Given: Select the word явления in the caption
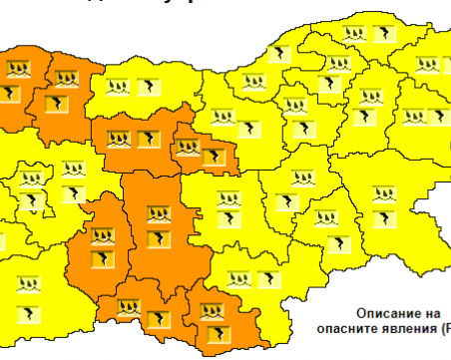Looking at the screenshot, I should pos(409,326).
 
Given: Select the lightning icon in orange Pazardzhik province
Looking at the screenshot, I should pos(101,260).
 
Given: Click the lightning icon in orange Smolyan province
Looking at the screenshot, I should pos(158,319).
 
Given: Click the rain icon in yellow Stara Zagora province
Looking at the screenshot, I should pos(232,194).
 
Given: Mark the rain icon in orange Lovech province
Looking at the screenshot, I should pos(121,136).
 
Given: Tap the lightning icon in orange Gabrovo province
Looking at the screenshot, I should pos(212,157).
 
